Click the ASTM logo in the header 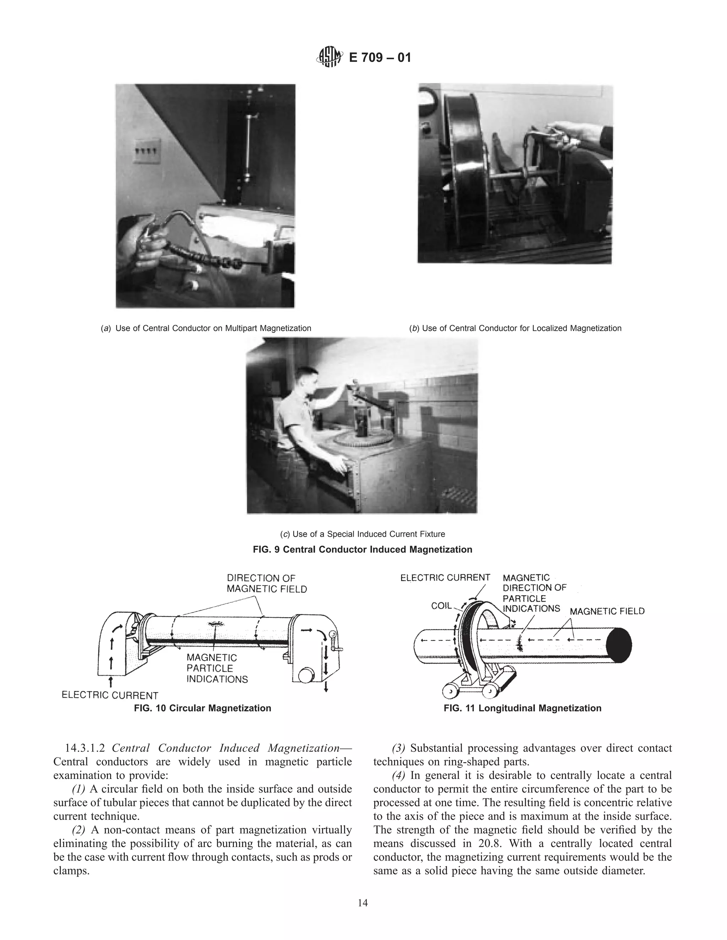329,57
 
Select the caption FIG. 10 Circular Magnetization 202,708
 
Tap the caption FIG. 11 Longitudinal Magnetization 523,708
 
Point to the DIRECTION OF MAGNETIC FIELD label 267,584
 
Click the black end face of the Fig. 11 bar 619,645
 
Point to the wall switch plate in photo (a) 147,151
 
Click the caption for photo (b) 515,328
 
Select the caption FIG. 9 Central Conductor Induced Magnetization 362,549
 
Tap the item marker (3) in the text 398,748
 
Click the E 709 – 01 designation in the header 379,57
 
